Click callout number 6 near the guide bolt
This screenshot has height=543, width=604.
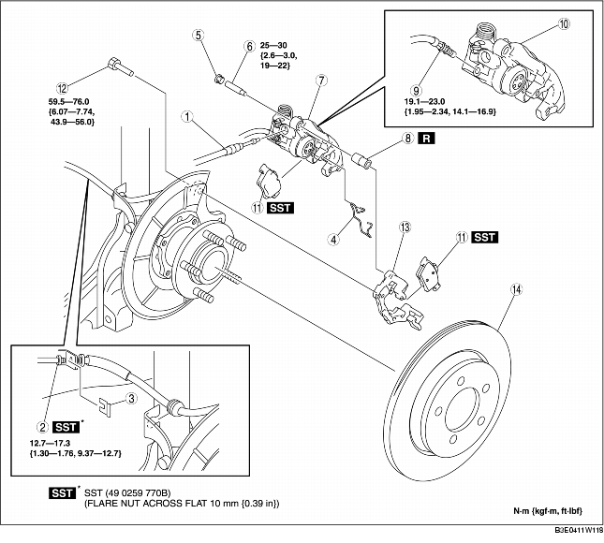tap(250, 45)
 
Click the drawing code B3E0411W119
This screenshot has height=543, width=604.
tap(574, 530)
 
